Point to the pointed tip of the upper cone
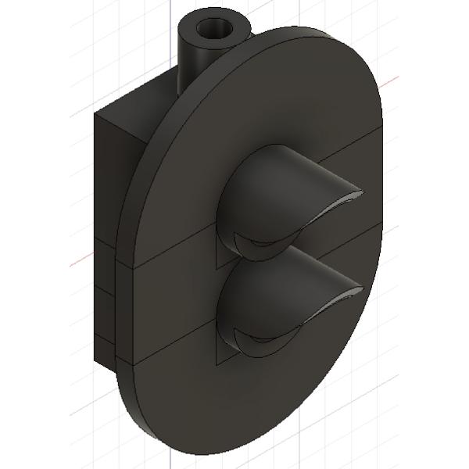tap(361, 192)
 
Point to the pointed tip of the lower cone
tap(362, 291)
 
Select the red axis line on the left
tap(78, 261)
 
